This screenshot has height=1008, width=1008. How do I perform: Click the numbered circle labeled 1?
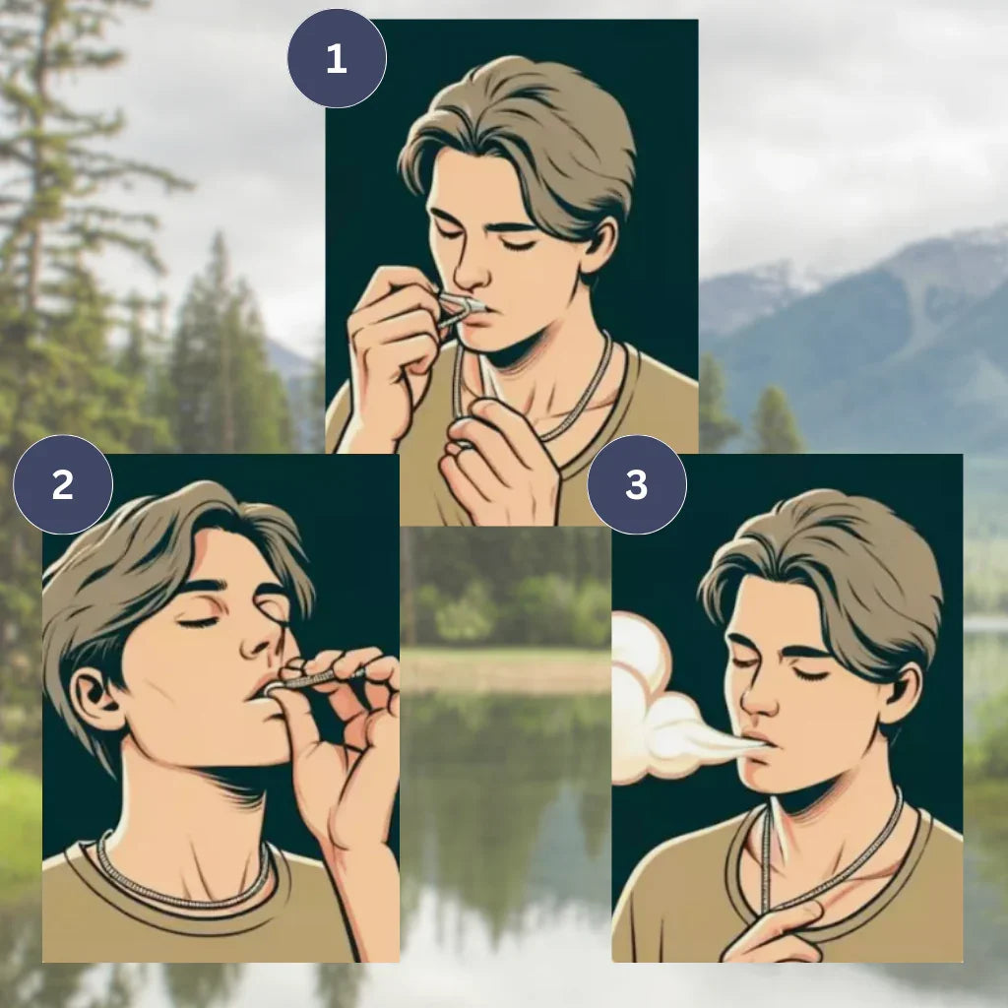coord(337,58)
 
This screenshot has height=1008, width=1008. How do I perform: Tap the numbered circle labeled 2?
coord(63,484)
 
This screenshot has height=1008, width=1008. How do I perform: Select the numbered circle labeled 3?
coord(637,484)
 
